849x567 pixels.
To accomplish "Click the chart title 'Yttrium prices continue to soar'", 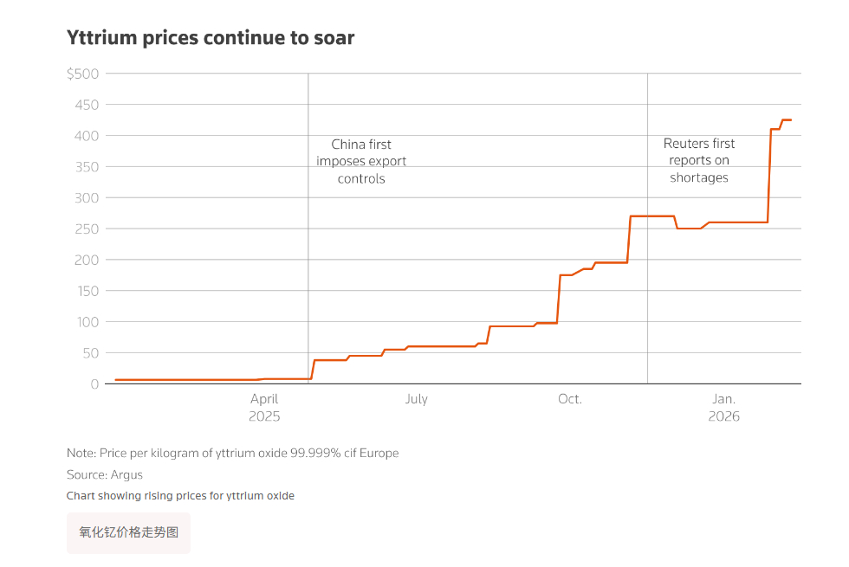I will [x=211, y=38].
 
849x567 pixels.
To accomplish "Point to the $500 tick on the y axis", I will [x=82, y=74].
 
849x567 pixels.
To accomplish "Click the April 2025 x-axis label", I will [x=264, y=407].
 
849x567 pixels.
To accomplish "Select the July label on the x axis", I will [x=416, y=399].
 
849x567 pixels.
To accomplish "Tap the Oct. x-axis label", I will [x=569, y=399].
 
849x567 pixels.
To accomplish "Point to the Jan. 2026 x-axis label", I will [x=723, y=407].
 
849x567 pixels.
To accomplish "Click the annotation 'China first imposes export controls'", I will [x=361, y=162].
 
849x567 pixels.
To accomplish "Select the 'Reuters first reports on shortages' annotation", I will [x=699, y=161].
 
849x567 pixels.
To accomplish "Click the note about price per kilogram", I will [x=232, y=454].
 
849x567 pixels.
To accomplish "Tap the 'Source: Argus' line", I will [x=105, y=475].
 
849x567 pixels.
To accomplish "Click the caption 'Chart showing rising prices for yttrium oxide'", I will [x=180, y=496].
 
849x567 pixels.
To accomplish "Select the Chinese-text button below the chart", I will [x=128, y=533].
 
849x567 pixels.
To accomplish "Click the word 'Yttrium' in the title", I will [x=101, y=38].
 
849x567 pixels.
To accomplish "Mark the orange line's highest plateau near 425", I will [x=787, y=119].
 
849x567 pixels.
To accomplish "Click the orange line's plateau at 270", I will [x=651, y=216].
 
